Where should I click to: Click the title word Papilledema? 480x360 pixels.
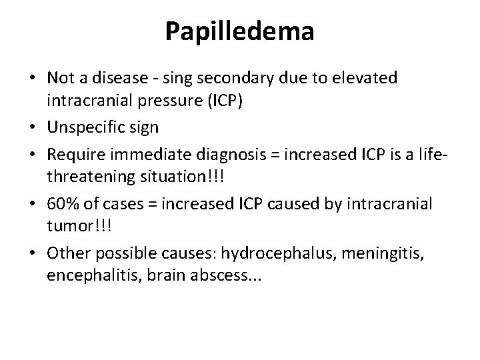click(x=240, y=31)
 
